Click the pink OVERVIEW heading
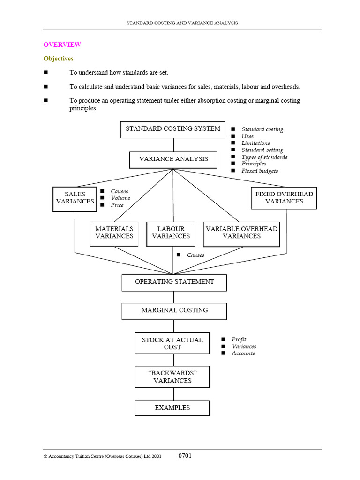click(x=62, y=45)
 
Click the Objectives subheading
click(x=58, y=59)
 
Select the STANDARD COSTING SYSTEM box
click(x=173, y=129)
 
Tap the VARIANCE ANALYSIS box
click(x=173, y=159)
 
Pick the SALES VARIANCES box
click(x=75, y=198)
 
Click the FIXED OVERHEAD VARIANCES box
click(x=284, y=198)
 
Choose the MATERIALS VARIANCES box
click(x=114, y=233)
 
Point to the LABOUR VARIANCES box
click(x=171, y=233)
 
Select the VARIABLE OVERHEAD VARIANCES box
click(x=241, y=233)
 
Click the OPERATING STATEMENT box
click(x=174, y=282)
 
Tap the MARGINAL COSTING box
click(x=174, y=311)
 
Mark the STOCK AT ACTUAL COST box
click(x=172, y=344)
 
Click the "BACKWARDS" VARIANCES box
click(x=172, y=377)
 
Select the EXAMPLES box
click(x=172, y=408)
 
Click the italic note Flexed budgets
click(x=260, y=171)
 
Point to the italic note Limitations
click(x=255, y=143)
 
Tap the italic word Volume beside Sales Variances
click(x=120, y=198)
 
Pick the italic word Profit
click(x=239, y=339)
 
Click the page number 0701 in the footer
click(x=185, y=456)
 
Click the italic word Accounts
click(x=243, y=353)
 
